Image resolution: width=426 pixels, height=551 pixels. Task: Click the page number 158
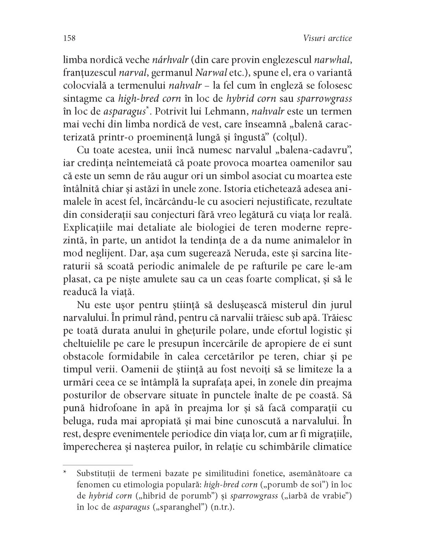pyautogui.click(x=68, y=38)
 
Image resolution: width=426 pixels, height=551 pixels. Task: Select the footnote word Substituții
pyautogui.click(x=96, y=473)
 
